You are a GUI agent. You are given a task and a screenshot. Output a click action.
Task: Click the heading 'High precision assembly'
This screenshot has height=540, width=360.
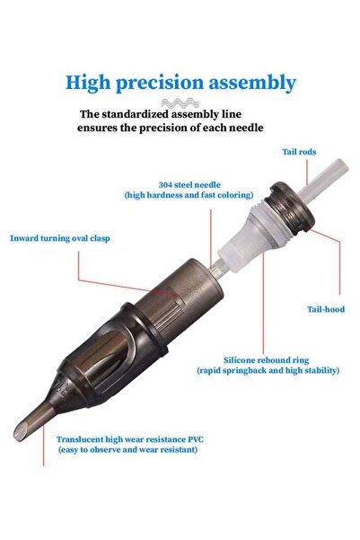[180, 83]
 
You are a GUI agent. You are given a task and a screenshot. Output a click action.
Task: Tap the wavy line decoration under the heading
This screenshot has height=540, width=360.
[180, 102]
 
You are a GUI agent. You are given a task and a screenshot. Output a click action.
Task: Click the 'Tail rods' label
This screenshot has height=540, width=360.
[299, 152]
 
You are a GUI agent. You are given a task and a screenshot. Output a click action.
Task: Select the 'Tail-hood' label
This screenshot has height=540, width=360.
[326, 309]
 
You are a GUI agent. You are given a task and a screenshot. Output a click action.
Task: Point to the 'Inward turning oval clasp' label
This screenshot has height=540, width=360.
[60, 238]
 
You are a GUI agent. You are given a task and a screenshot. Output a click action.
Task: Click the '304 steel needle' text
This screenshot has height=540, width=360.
[189, 185]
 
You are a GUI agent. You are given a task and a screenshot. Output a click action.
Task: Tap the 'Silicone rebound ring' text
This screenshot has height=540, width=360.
[266, 360]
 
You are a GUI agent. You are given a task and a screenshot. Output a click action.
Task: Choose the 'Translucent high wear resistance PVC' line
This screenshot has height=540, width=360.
[130, 439]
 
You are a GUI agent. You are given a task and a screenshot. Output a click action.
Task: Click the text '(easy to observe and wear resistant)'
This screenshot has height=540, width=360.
[127, 450]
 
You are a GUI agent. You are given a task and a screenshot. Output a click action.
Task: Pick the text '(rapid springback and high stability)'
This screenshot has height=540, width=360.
[268, 370]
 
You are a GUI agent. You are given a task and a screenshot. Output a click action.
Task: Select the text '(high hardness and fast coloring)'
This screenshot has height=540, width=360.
[189, 195]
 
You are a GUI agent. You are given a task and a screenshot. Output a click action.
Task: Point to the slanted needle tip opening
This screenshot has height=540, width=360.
[21, 431]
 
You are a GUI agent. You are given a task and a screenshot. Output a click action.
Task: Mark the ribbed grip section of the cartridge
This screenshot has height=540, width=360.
[169, 311]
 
